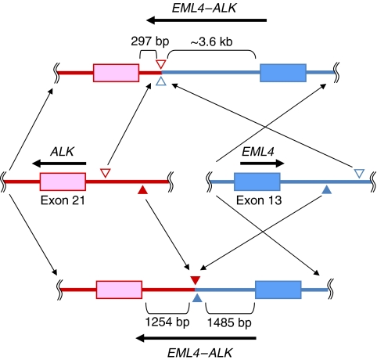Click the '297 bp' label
pyautogui.click(x=150, y=41)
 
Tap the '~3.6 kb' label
pyautogui.click(x=211, y=41)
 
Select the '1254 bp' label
pyautogui.click(x=167, y=322)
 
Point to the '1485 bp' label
pyautogui.click(x=229, y=322)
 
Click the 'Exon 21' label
pyautogui.click(x=63, y=200)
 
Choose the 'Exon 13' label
pyautogui.click(x=259, y=200)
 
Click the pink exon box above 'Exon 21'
pyautogui.click(x=63, y=182)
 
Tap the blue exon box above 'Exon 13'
pyautogui.click(x=257, y=182)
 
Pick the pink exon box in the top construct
pyautogui.click(x=116, y=73)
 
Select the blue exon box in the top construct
pyautogui.click(x=283, y=73)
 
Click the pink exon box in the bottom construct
pyautogui.click(x=119, y=290)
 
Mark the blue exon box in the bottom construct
pyautogui.click(x=278, y=290)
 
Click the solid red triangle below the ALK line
pyautogui.click(x=142, y=190)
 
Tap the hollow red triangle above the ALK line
pyautogui.click(x=106, y=173)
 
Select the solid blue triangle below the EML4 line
pyautogui.click(x=327, y=190)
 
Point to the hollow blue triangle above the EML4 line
pyautogui.click(x=359, y=173)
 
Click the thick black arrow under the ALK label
pyautogui.click(x=59, y=164)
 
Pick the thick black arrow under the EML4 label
pyautogui.click(x=262, y=164)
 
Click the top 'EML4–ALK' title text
pyautogui.click(x=204, y=9)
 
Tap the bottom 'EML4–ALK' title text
pyautogui.click(x=199, y=353)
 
